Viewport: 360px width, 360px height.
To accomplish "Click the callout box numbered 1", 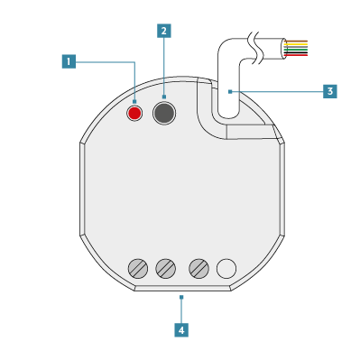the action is coord(69,61).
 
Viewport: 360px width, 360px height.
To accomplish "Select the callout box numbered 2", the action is coord(164,31).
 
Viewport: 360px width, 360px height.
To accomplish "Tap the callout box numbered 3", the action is coord(330,91).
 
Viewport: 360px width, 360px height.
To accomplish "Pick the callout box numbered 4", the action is coord(181,330).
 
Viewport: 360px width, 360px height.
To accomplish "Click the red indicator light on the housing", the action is coord(134,113).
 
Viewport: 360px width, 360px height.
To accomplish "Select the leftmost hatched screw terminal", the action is coord(138,268).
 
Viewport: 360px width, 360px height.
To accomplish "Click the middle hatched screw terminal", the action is coord(165,268).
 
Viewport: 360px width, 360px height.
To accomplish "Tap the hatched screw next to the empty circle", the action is coord(198,268).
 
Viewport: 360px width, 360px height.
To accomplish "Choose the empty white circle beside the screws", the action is coord(226,268).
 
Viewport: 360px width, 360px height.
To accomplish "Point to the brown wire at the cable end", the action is coord(296,41).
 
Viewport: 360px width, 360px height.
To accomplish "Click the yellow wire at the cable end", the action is coord(296,44).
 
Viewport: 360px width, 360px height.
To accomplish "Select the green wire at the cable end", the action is coord(296,49).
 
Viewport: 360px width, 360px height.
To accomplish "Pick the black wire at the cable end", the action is coord(296,52).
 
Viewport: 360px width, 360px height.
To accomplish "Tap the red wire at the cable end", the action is coord(296,55).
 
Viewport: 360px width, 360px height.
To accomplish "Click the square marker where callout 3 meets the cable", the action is coord(230,92).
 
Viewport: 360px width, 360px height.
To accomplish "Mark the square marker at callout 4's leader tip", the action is coord(181,297).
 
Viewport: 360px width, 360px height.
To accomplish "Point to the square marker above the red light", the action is coord(134,102).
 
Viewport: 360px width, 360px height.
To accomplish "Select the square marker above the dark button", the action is coord(164,97).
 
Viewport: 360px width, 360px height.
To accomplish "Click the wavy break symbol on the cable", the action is coord(254,48).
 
